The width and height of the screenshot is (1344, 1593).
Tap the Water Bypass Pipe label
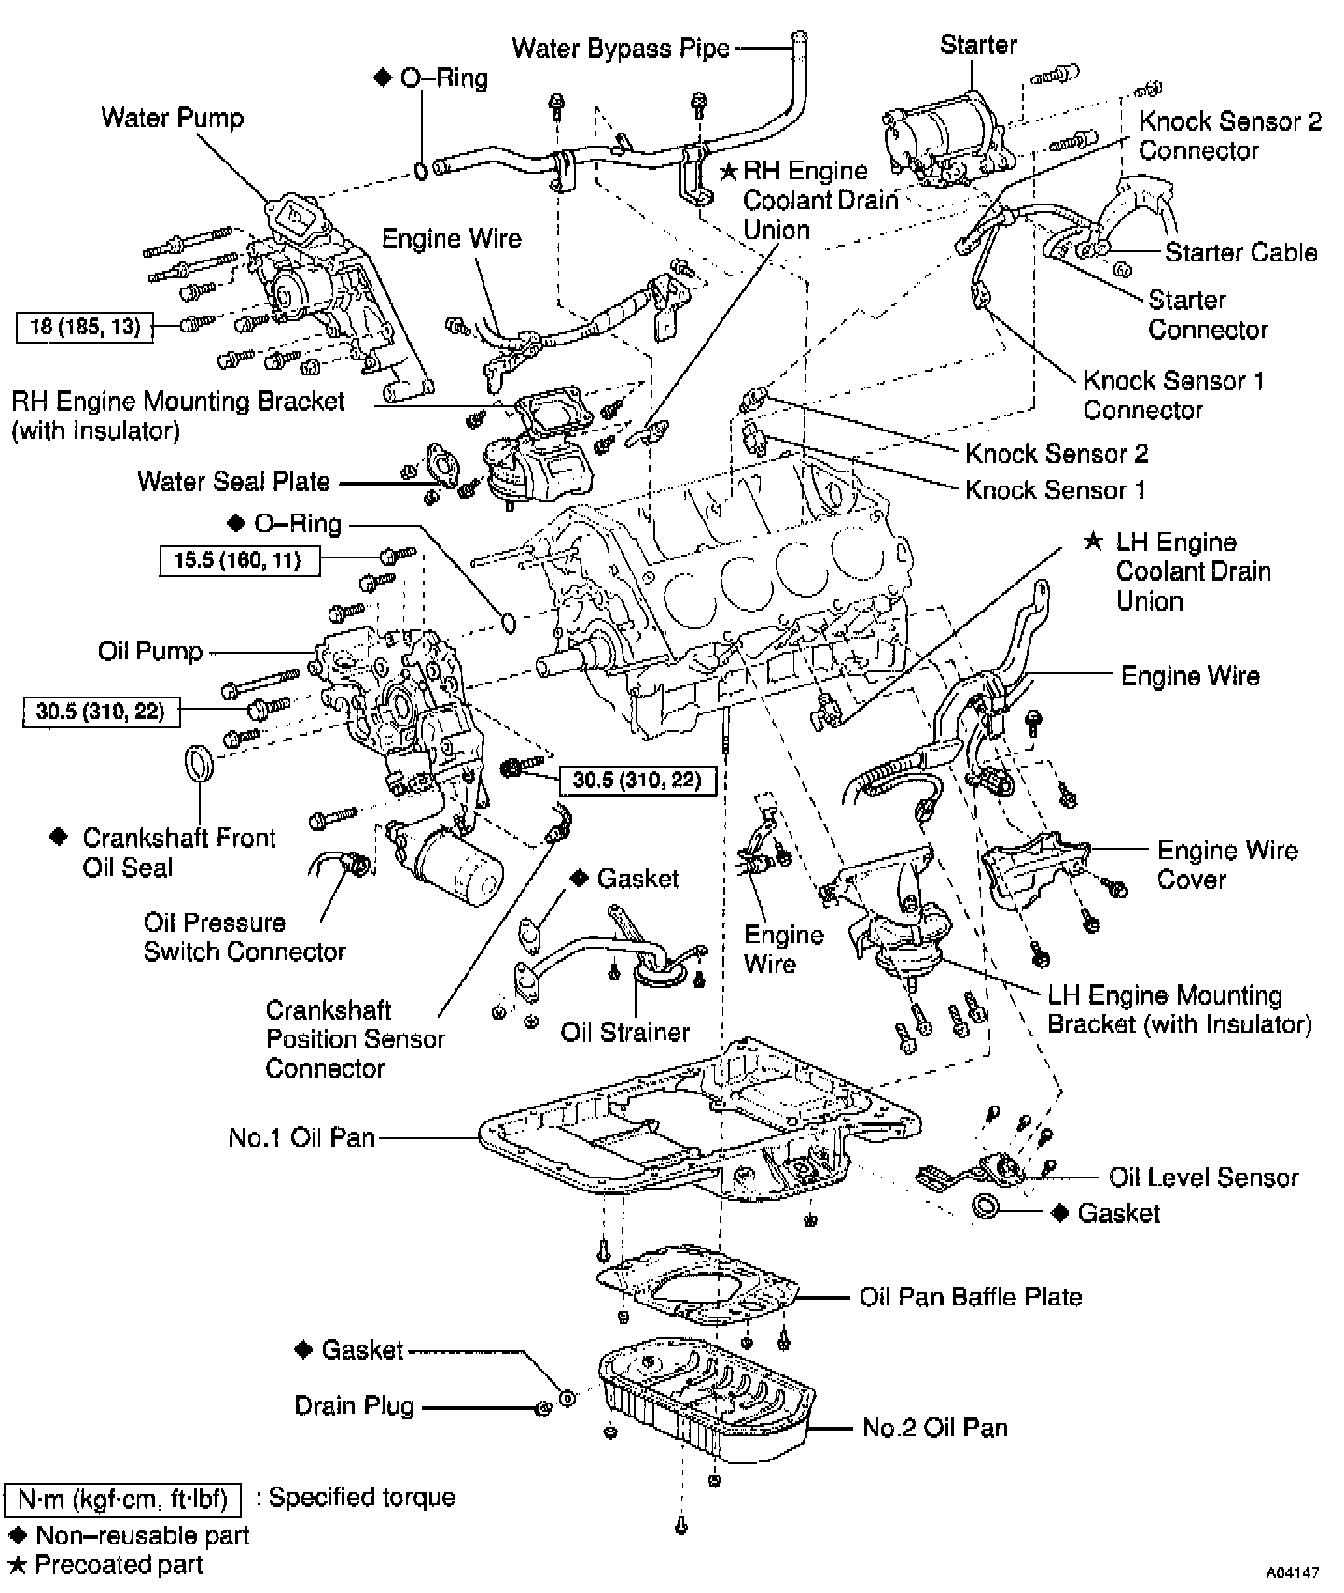coord(621,49)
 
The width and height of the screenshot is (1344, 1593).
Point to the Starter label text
coord(977,45)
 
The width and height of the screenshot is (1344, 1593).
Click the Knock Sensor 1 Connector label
coord(1173,395)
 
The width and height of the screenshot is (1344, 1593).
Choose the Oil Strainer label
coord(624,1032)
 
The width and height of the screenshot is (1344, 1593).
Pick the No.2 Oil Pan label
coord(934,1427)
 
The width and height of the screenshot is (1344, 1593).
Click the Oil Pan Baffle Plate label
coord(970,1296)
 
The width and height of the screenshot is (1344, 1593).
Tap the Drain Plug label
coord(354,1405)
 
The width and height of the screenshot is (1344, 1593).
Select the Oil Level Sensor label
coord(1203,1177)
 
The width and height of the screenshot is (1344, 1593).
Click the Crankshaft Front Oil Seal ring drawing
coord(198,761)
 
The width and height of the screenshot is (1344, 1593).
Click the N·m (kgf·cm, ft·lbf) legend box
coord(122,1500)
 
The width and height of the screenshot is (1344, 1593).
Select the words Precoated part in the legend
coord(119,1565)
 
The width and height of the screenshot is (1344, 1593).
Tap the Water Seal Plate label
coord(233,481)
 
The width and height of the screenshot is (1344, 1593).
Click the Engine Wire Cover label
coord(1226,865)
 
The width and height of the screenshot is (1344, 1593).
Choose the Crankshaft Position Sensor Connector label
coord(355,1038)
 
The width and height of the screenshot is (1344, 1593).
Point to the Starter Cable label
coord(1240,252)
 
